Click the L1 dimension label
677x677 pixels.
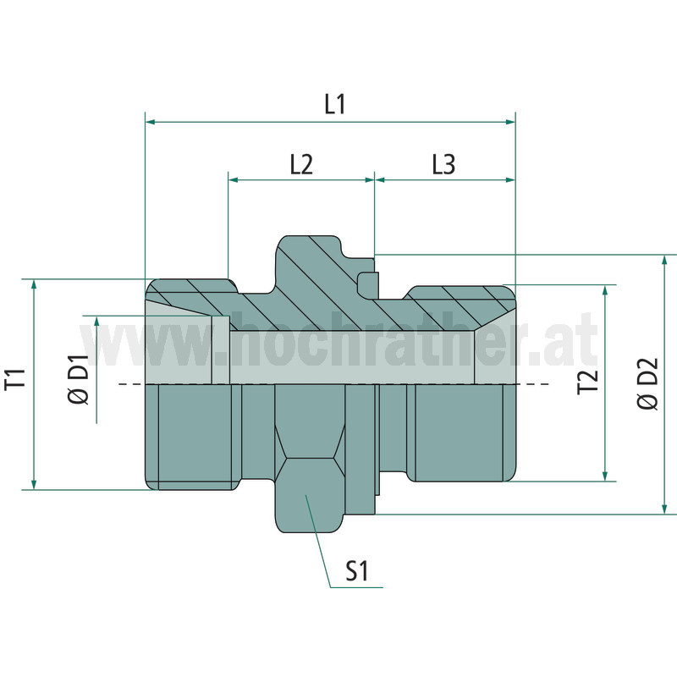click(x=335, y=104)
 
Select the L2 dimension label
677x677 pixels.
click(x=301, y=164)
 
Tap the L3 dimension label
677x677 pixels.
click(x=443, y=164)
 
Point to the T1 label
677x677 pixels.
click(x=15, y=380)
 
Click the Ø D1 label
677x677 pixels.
click(x=78, y=379)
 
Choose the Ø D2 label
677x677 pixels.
click(x=647, y=383)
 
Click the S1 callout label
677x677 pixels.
click(x=356, y=570)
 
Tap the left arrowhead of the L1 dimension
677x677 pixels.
click(x=151, y=122)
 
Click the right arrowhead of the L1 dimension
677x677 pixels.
click(x=510, y=122)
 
